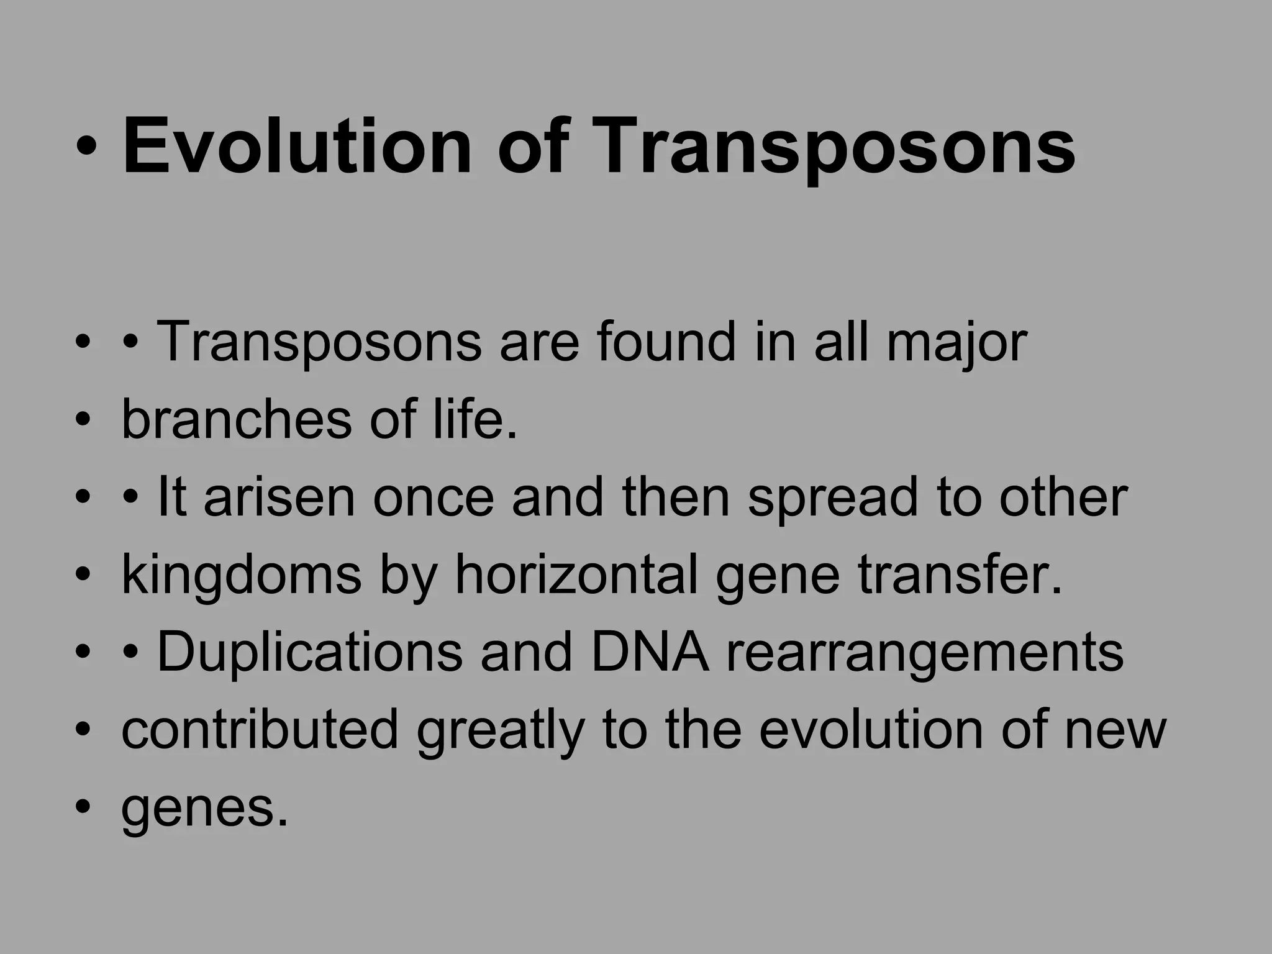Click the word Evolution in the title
tap(297, 148)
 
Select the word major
tap(956, 343)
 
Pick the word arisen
tap(279, 498)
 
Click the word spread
tap(832, 498)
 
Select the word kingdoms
tap(241, 576)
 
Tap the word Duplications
tap(309, 653)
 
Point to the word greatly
tap(500, 731)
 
